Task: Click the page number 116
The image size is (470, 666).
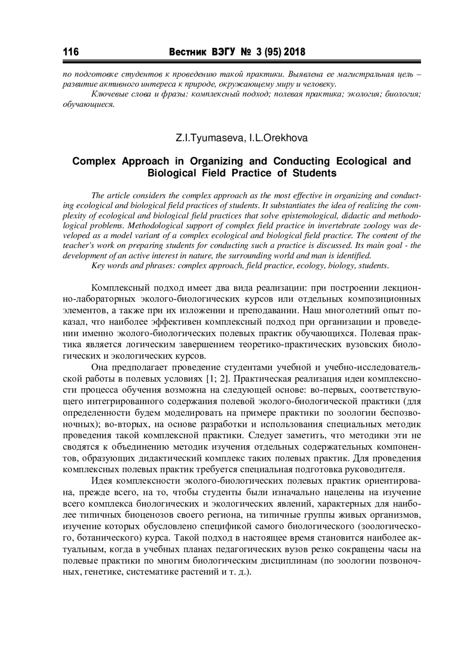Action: tap(70, 52)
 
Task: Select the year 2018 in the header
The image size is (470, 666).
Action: tap(293, 52)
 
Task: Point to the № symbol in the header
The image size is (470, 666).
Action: tap(243, 52)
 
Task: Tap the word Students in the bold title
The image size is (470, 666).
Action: tap(315, 173)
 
